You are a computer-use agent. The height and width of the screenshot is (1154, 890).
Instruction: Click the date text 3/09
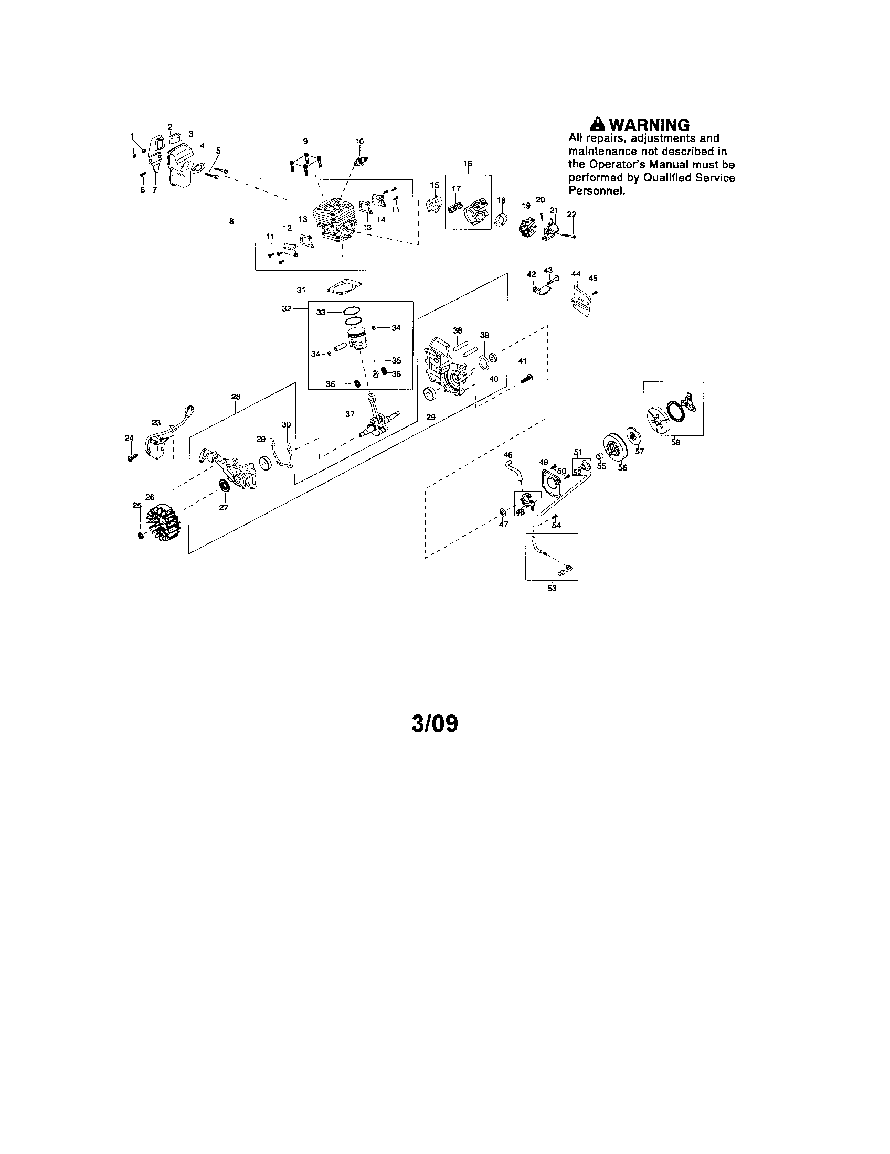pyautogui.click(x=435, y=724)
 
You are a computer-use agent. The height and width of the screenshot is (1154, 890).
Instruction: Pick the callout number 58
pyautogui.click(x=675, y=443)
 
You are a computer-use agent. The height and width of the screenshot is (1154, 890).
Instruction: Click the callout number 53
pyautogui.click(x=552, y=588)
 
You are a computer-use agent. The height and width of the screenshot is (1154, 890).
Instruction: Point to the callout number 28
pyautogui.click(x=236, y=396)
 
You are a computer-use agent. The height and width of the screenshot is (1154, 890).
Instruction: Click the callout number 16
pyautogui.click(x=468, y=163)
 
